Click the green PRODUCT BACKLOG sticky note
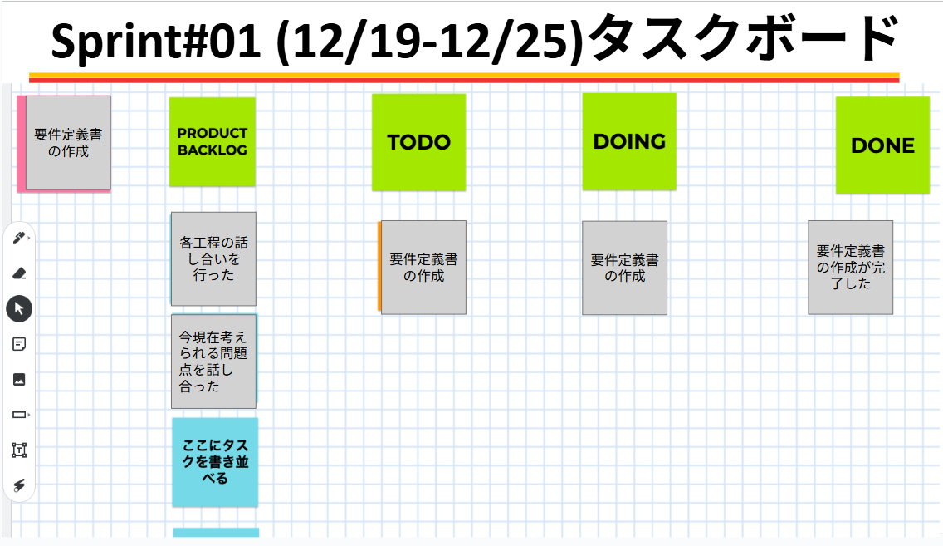[x=213, y=141]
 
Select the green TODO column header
[x=418, y=142]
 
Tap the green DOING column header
[x=629, y=141]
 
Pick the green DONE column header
[x=882, y=145]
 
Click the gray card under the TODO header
[x=423, y=268]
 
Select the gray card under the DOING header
[x=624, y=268]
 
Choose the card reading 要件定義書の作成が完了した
[x=850, y=267]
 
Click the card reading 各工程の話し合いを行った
[x=213, y=258]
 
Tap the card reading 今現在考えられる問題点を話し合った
[x=213, y=362]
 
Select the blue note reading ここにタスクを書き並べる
[x=215, y=462]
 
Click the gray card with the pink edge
[x=68, y=142]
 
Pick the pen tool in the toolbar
[x=19, y=239]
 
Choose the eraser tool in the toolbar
[x=19, y=273]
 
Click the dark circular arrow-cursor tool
[x=19, y=308]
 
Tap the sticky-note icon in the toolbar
[x=19, y=344]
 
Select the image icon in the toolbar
[x=19, y=379]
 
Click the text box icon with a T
[x=19, y=450]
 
